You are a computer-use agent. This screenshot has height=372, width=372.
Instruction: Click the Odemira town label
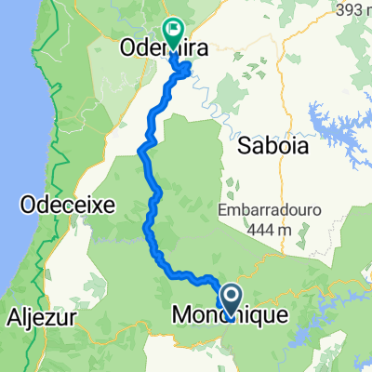point(161,47)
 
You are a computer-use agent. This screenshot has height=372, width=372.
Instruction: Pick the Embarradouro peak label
point(269,210)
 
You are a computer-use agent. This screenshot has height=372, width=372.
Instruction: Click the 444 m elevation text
point(269,228)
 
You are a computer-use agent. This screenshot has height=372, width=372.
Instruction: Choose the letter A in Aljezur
point(13,316)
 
